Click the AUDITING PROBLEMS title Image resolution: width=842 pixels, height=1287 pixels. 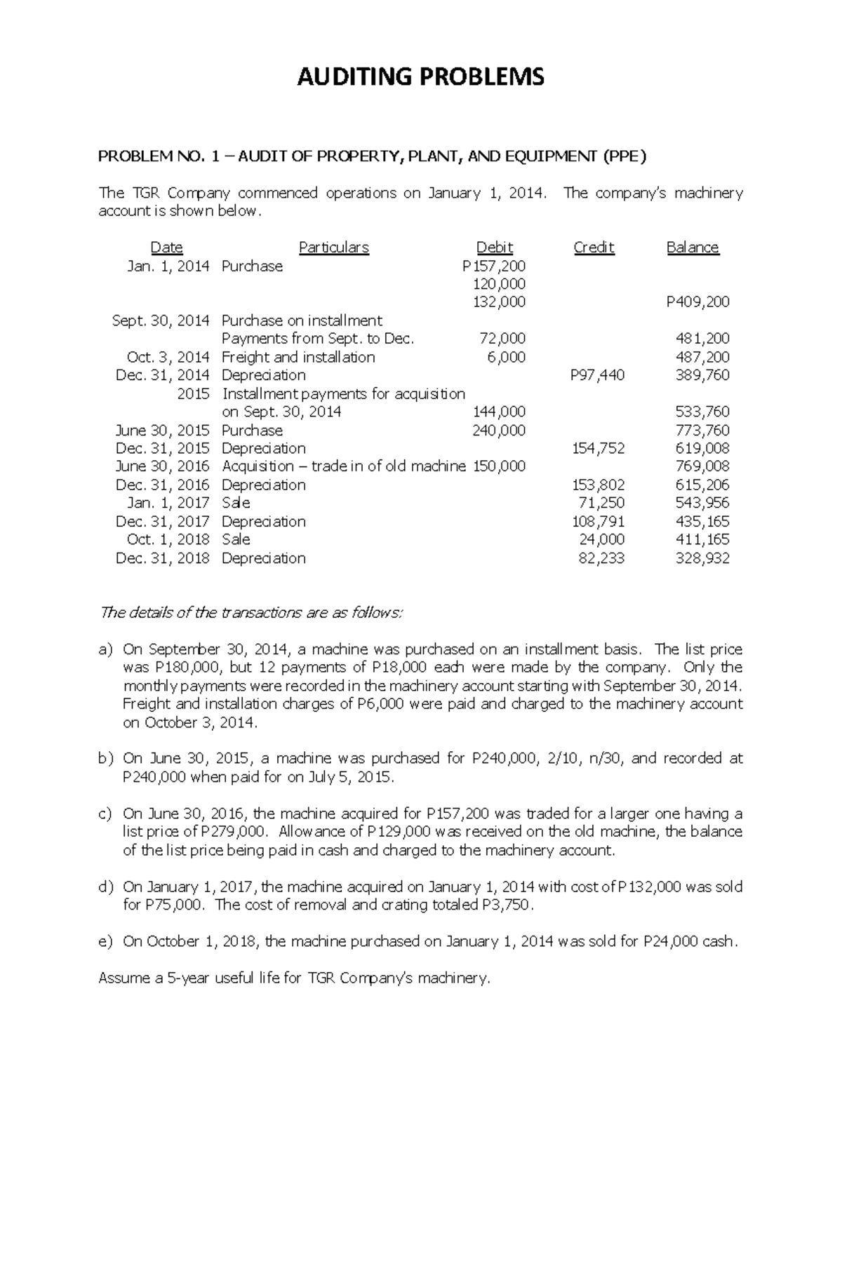click(x=420, y=76)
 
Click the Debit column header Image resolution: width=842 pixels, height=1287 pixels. click(x=494, y=248)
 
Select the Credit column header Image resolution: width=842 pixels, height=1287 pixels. click(x=594, y=248)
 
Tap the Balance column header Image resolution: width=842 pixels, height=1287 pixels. click(x=692, y=248)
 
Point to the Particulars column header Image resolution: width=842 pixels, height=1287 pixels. click(x=333, y=248)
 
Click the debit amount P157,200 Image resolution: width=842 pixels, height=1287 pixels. click(x=494, y=266)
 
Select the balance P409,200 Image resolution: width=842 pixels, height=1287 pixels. click(x=697, y=302)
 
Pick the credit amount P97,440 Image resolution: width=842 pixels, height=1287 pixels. click(x=597, y=375)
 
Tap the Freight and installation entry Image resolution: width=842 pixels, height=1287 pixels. click(x=298, y=357)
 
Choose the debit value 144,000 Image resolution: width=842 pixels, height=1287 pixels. click(x=499, y=412)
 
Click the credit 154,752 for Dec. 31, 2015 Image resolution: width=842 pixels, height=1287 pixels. click(x=598, y=448)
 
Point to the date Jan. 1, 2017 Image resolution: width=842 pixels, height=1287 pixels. click(x=168, y=503)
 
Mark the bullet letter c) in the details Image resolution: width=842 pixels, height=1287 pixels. click(x=105, y=814)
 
